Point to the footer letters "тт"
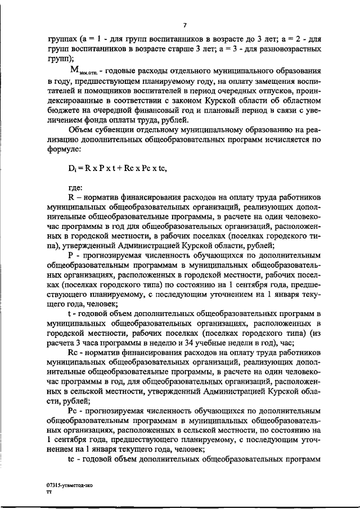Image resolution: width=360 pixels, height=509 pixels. pos(48,491)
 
